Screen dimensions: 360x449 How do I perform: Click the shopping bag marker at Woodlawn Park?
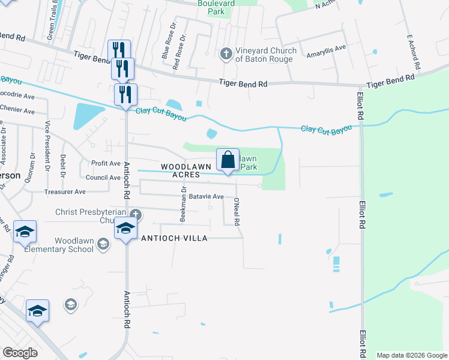(228, 160)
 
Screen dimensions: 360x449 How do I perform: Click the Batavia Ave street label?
(206, 196)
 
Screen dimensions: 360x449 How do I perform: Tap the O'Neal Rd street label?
(237, 211)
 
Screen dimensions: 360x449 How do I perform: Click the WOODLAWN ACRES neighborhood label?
(186, 170)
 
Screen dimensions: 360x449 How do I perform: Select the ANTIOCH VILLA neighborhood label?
(174, 238)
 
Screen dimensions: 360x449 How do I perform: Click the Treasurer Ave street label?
(65, 192)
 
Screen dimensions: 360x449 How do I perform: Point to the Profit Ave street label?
(106, 163)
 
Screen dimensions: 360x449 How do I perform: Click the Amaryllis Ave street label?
(327, 48)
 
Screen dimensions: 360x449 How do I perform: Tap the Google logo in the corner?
(20, 352)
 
